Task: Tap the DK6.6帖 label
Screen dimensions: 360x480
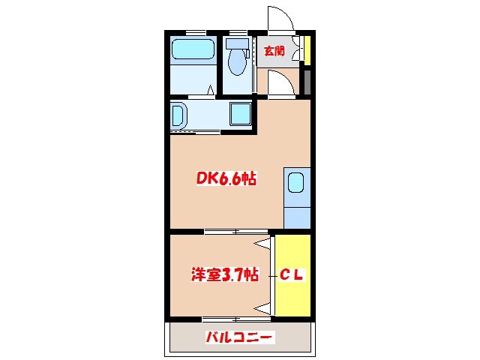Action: pyautogui.click(x=226, y=178)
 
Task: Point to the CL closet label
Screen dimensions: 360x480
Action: pyautogui.click(x=292, y=275)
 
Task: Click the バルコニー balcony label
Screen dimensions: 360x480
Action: pyautogui.click(x=240, y=337)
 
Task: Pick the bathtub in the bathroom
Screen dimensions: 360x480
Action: pyautogui.click(x=193, y=51)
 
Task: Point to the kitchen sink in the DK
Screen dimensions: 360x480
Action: pyautogui.click(x=295, y=182)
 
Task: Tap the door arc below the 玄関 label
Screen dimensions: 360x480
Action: pyautogui.click(x=280, y=85)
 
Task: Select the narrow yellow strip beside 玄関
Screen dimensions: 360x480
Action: pyautogui.click(x=307, y=51)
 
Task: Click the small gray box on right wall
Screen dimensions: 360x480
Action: pyautogui.click(x=307, y=80)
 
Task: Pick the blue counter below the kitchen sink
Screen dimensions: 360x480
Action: pyautogui.click(x=297, y=212)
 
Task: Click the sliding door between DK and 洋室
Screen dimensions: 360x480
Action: pyautogui.click(x=223, y=232)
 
